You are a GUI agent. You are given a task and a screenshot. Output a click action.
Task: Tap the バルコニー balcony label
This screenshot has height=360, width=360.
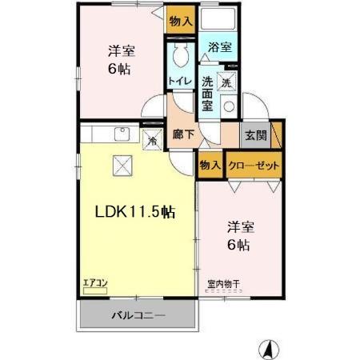pyautogui.click(x=138, y=315)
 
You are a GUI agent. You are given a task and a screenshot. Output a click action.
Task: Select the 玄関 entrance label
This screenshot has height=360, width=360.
pyautogui.click(x=256, y=134)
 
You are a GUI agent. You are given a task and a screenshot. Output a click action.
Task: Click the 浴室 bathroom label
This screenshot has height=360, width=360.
pyautogui.click(x=220, y=48)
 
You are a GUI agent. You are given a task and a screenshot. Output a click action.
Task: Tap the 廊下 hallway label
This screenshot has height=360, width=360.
pyautogui.click(x=184, y=134)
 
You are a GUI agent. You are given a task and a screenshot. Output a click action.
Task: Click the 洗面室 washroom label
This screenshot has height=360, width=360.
pyautogui.click(x=207, y=91)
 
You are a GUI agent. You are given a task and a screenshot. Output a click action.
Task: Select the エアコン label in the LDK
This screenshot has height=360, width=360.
pyautogui.click(x=95, y=282)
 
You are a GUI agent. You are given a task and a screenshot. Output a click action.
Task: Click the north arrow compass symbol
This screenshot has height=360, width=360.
pyautogui.click(x=270, y=348)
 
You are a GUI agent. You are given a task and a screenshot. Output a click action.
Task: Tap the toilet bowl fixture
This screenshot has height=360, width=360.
pyautogui.click(x=181, y=54)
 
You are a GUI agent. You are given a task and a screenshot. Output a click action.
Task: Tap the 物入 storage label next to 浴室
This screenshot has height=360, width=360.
pyautogui.click(x=180, y=22)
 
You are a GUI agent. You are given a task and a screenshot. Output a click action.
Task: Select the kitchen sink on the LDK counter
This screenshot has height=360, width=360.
pyautogui.click(x=122, y=133)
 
